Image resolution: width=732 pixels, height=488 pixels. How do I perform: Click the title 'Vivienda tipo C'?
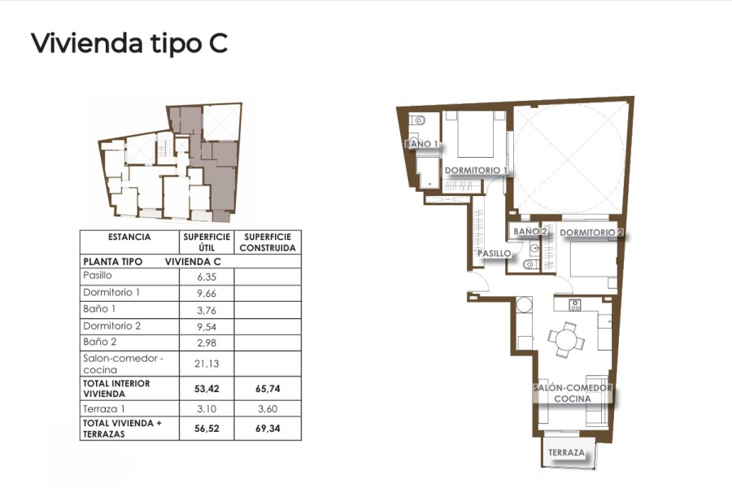point(129,43)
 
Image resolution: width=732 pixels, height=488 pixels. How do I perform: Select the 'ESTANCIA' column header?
point(129,237)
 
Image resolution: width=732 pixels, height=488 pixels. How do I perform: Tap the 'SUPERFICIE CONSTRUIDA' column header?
point(268,242)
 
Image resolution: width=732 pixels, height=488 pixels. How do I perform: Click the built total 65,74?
point(268,389)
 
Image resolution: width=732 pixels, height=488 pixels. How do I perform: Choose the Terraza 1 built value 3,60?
point(268,409)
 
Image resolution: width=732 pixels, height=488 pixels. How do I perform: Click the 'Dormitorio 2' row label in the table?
point(111,326)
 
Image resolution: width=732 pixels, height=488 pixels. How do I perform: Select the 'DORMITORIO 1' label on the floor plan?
point(476,171)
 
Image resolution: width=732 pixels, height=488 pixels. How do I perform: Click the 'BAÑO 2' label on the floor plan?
point(529,232)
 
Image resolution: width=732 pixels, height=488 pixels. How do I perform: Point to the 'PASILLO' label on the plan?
point(494,253)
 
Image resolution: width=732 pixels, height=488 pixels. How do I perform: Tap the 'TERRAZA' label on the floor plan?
point(566,452)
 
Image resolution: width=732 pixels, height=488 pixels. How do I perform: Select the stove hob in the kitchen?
point(574,306)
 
